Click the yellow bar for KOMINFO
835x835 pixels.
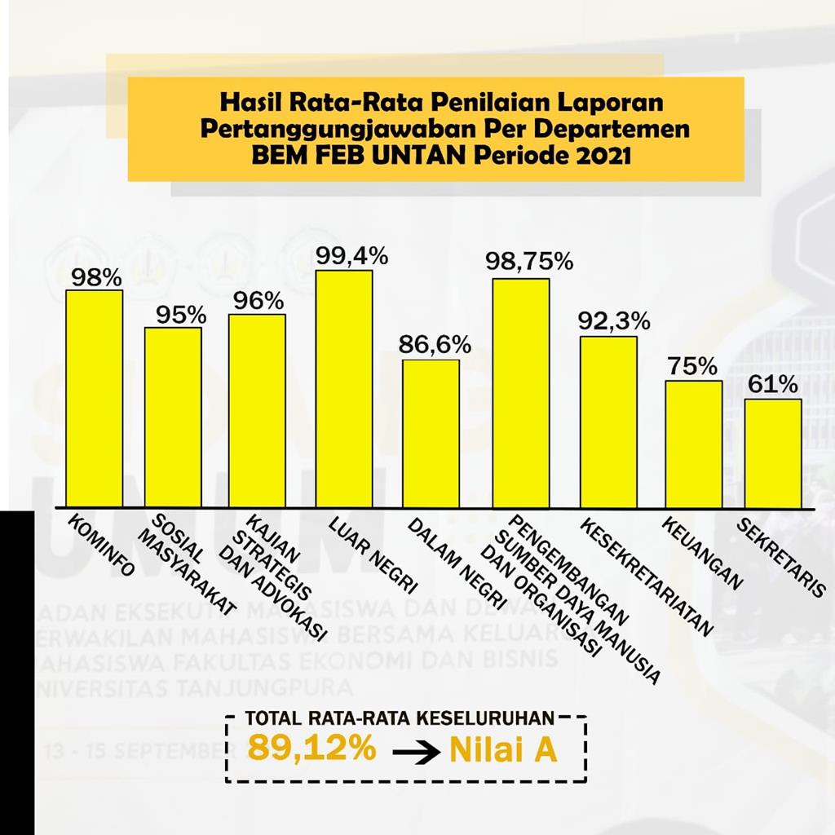94,399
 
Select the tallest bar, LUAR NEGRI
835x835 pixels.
343,389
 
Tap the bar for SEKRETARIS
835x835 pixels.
772,453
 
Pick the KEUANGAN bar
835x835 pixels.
693,444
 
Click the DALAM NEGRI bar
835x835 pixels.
431,433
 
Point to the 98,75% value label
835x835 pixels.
529,262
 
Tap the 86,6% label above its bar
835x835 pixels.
435,345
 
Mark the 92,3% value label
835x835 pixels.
614,321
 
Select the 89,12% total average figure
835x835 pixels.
312,748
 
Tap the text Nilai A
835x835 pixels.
503,751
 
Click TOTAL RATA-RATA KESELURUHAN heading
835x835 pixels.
400,718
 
